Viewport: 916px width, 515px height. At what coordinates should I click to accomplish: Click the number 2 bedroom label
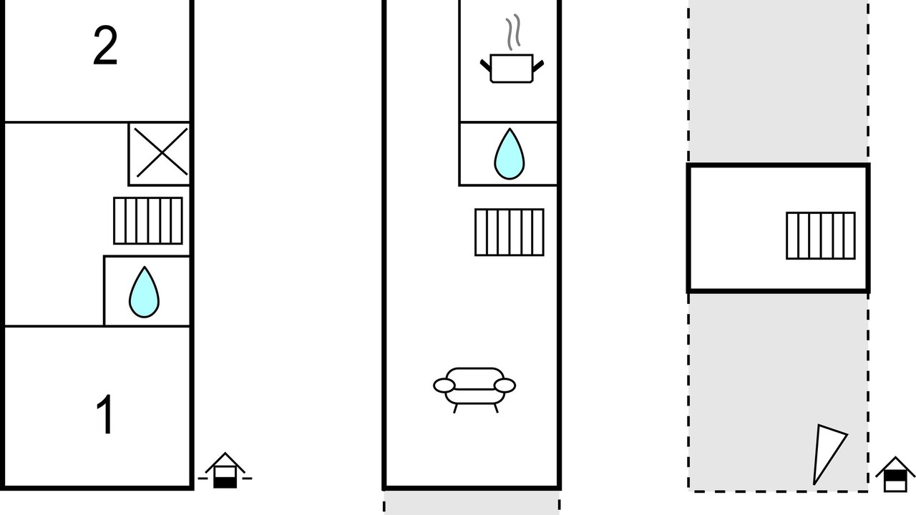[105, 45]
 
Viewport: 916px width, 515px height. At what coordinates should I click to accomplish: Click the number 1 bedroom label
[105, 414]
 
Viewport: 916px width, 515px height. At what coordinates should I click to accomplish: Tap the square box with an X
[159, 154]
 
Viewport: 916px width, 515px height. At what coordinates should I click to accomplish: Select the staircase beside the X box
[148, 221]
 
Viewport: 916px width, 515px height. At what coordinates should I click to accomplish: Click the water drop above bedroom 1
[144, 292]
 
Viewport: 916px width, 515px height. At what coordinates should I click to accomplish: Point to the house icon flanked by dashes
[225, 470]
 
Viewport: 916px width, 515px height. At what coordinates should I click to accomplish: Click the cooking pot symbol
[512, 68]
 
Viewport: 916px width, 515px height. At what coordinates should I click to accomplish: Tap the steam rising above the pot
[513, 32]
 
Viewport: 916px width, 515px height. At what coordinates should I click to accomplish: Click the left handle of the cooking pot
[485, 65]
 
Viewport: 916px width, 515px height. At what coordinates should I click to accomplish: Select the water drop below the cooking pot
[509, 154]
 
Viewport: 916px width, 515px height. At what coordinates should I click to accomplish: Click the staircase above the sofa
[510, 232]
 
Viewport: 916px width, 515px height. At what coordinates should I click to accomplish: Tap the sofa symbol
[474, 391]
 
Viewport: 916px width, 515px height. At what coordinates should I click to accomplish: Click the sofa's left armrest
[444, 386]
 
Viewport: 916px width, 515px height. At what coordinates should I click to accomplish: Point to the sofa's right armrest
[505, 386]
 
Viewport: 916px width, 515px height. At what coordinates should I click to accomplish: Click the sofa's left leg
[455, 408]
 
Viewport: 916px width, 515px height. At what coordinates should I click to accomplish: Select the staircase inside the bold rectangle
[821, 236]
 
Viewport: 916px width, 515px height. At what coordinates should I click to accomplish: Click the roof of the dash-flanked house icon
[225, 462]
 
